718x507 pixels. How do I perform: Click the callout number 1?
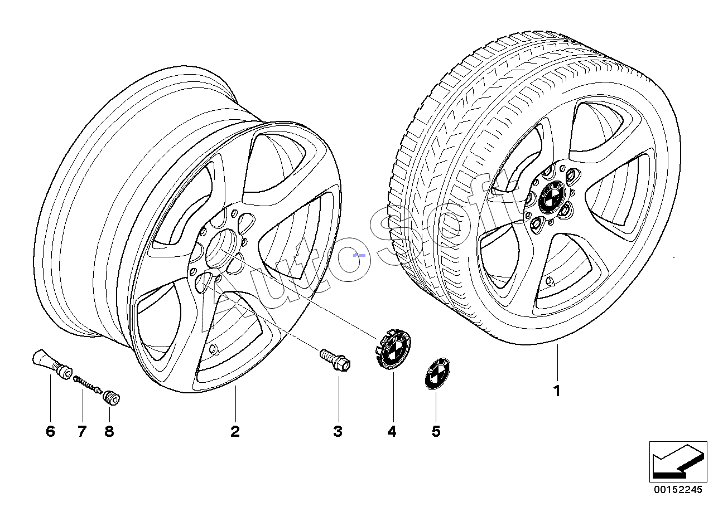(557, 391)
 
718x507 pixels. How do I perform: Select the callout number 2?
(235, 431)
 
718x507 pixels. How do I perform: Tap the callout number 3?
(338, 431)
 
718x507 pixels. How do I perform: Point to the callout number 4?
(392, 431)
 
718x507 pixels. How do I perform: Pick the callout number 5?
(436, 431)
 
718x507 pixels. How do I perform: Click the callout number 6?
(50, 431)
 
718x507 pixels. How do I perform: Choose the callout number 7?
(82, 431)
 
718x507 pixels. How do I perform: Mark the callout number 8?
(109, 431)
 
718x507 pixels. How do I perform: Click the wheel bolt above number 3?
(335, 360)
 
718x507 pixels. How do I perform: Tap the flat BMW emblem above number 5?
(437, 373)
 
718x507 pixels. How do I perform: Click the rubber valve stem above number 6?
(52, 364)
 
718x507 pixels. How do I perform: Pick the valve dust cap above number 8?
(111, 398)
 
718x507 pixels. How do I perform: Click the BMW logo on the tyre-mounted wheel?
(550, 196)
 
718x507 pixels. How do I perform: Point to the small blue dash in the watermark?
(359, 255)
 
